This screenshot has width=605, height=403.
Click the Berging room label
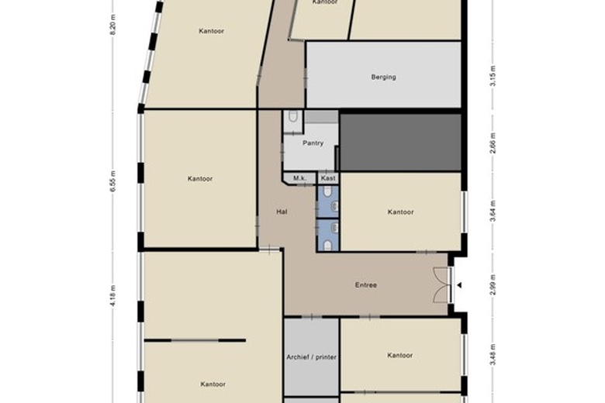(x=384, y=77)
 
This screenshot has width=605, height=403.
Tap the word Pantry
(x=313, y=143)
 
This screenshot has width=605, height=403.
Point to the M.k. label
(x=299, y=178)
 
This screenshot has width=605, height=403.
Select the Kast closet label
(x=327, y=178)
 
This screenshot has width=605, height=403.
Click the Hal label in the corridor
(x=282, y=212)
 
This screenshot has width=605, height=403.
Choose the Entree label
(x=366, y=285)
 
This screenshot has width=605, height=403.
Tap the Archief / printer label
(x=310, y=356)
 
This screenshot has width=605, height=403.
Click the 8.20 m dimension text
(x=112, y=29)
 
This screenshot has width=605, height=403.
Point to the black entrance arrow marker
(x=459, y=285)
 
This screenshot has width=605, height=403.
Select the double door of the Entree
(x=442, y=285)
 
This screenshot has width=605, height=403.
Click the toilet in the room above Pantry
(x=292, y=117)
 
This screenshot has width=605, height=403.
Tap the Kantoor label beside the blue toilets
(x=400, y=212)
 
